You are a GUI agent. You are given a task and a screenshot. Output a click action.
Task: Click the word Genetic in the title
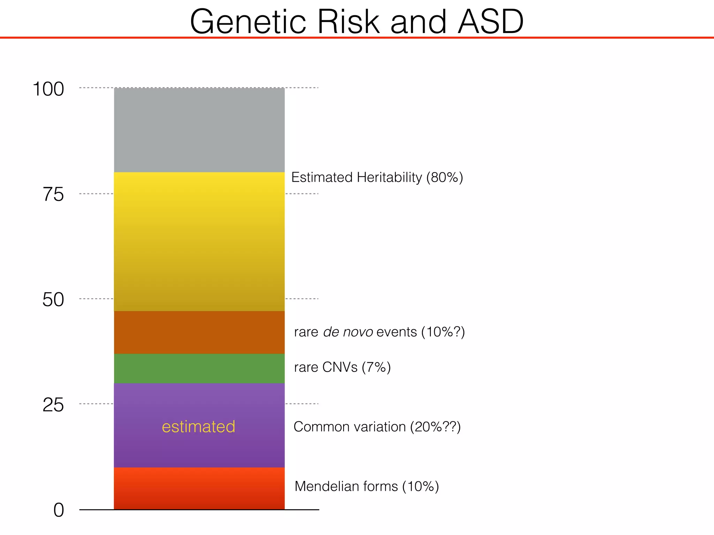click(x=248, y=22)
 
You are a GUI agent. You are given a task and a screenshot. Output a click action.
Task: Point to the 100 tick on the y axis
click(x=48, y=89)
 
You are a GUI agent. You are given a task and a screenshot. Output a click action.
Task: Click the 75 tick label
click(x=53, y=194)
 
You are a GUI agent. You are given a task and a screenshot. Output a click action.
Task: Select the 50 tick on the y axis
click(x=53, y=300)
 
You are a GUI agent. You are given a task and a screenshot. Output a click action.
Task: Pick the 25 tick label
click(x=53, y=405)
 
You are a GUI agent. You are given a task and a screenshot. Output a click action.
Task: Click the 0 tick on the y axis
click(x=59, y=511)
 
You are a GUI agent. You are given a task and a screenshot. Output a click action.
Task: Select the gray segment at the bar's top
click(x=199, y=130)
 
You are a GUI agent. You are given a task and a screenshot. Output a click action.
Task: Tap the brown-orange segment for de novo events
click(x=199, y=332)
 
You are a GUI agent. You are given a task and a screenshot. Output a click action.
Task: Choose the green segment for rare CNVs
click(x=199, y=369)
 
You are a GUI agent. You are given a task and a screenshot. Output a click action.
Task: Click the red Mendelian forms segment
click(x=199, y=488)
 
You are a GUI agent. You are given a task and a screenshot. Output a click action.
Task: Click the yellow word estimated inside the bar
click(x=198, y=427)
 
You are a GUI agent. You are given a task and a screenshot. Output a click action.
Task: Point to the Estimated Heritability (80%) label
click(x=377, y=177)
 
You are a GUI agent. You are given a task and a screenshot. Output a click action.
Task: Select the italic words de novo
click(x=348, y=332)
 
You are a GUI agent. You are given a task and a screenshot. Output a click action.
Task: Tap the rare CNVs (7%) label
click(x=342, y=367)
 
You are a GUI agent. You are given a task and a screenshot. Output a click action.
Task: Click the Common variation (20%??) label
click(x=377, y=427)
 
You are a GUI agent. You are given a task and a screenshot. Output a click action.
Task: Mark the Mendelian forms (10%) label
click(x=366, y=486)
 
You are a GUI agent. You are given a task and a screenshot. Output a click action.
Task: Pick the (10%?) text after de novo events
click(x=443, y=332)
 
